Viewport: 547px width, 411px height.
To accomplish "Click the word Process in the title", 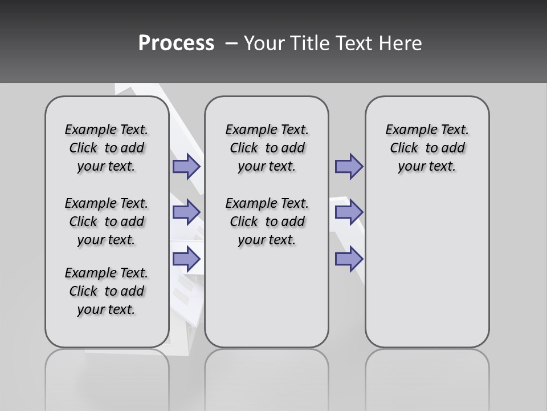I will pyautogui.click(x=176, y=43).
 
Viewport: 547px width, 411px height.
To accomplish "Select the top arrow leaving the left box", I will pyautogui.click(x=186, y=167).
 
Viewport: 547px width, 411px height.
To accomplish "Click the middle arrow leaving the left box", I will pyautogui.click(x=186, y=212).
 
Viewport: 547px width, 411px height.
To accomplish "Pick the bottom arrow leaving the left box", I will pyautogui.click(x=186, y=259).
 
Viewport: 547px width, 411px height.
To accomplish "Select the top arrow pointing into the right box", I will pyautogui.click(x=349, y=167).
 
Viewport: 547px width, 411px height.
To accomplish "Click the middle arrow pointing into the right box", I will pyautogui.click(x=349, y=212).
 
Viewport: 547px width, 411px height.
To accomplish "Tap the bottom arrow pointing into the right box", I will pyautogui.click(x=349, y=259).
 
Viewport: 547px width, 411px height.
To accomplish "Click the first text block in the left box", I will pyautogui.click(x=107, y=148).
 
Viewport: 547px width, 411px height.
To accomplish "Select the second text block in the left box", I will pyautogui.click(x=107, y=221).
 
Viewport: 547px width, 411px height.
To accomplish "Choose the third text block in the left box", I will pyautogui.click(x=107, y=291).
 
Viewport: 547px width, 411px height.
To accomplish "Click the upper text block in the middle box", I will pyautogui.click(x=267, y=148).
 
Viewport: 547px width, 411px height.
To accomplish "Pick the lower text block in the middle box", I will pyautogui.click(x=267, y=221).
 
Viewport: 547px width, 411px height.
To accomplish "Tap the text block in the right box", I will pyautogui.click(x=427, y=148).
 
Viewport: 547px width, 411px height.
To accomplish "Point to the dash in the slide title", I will pyautogui.click(x=231, y=43).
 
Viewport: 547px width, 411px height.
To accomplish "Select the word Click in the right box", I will pyautogui.click(x=404, y=148).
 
